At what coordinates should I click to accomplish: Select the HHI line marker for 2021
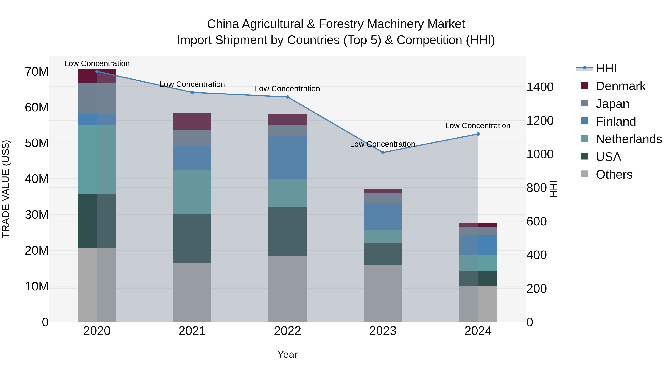(x=192, y=92)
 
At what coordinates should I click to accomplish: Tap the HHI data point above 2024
(x=478, y=134)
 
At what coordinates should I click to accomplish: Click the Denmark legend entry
(x=620, y=86)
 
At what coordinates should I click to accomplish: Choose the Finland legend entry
(x=616, y=122)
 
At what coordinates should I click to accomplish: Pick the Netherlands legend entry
(x=629, y=139)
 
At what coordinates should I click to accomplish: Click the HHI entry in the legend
(x=606, y=68)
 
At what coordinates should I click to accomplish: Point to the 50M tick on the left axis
(x=37, y=143)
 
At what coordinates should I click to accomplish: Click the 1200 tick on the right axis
(x=540, y=121)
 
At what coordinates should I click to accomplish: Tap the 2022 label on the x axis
(x=287, y=331)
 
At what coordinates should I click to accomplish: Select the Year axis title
(x=287, y=354)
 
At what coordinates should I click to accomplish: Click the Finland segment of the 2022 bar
(x=287, y=158)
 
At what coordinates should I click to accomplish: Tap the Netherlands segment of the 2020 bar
(x=97, y=160)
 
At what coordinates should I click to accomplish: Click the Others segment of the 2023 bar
(x=383, y=293)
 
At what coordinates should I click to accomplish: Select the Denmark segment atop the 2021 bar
(x=192, y=122)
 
